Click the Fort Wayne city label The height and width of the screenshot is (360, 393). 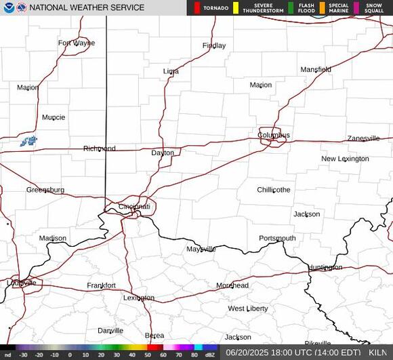pyautogui.click(x=76, y=43)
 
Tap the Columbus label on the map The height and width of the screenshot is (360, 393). pyautogui.click(x=273, y=135)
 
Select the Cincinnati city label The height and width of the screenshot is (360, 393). pyautogui.click(x=134, y=206)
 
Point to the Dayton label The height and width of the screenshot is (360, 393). pyautogui.click(x=163, y=153)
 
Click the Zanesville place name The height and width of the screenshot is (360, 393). pyautogui.click(x=363, y=138)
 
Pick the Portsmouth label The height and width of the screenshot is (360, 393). pyautogui.click(x=277, y=238)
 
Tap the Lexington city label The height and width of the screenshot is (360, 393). pyautogui.click(x=139, y=298)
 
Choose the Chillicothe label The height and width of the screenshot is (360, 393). pyautogui.click(x=274, y=190)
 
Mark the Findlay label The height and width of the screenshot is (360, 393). pyautogui.click(x=214, y=45)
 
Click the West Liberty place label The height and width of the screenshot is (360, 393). pyautogui.click(x=248, y=308)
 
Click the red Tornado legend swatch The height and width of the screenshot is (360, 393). pyautogui.click(x=197, y=7)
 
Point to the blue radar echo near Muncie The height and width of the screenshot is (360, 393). pyautogui.click(x=28, y=141)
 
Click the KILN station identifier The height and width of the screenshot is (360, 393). pyautogui.click(x=379, y=353)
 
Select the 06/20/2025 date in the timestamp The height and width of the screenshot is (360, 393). pyautogui.click(x=249, y=353)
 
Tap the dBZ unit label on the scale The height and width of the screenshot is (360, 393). pyautogui.click(x=210, y=355)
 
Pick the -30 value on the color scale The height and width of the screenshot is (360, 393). pyautogui.click(x=23, y=355)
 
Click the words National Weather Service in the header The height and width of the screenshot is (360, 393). pyautogui.click(x=87, y=7)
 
